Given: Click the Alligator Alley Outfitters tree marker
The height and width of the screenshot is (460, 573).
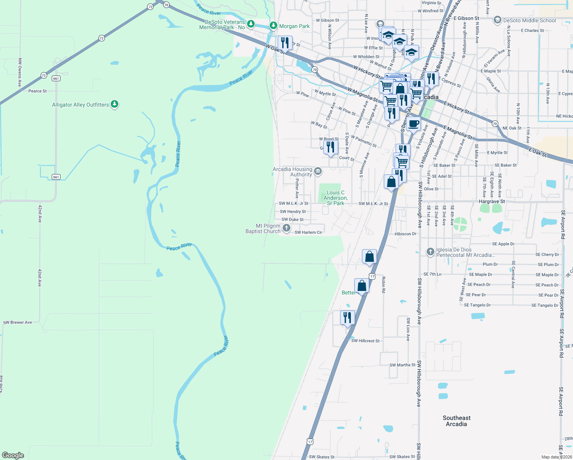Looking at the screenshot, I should (114, 104).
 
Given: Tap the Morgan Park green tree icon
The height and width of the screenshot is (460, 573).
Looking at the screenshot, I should (273, 26).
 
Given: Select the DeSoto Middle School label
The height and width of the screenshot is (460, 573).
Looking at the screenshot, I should (529, 20).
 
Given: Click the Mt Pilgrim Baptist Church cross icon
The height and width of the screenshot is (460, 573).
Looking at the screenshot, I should (286, 228).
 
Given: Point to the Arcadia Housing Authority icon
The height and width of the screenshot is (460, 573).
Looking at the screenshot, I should (318, 171).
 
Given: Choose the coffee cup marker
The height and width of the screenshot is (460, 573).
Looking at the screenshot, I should (414, 124).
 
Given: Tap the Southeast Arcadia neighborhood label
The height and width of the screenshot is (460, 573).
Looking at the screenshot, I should (456, 421).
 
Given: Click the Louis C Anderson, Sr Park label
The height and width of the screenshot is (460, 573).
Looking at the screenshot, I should (336, 198).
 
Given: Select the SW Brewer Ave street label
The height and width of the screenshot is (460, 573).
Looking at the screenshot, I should (18, 322).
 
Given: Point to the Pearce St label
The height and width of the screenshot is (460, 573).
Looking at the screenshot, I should (38, 91).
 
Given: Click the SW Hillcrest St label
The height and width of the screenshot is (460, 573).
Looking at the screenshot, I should (365, 341).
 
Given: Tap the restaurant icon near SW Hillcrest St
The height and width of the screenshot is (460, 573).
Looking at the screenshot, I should (347, 318).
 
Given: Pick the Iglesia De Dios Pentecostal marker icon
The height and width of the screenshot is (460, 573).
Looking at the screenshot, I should (430, 252).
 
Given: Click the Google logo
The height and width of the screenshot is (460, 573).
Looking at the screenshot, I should (13, 455).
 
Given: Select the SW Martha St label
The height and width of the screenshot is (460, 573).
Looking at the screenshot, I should (402, 365).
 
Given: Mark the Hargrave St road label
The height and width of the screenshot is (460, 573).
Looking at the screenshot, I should (492, 201).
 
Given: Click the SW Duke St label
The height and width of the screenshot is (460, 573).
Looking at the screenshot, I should (293, 220).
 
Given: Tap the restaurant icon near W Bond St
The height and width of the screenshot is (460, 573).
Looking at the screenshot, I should (330, 147).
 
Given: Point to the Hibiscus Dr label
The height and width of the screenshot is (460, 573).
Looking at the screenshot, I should (405, 234).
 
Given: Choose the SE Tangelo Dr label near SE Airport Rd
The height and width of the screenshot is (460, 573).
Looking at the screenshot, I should (545, 306).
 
